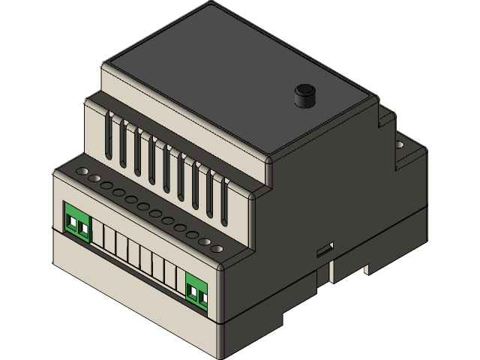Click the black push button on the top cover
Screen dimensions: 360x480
[304, 95]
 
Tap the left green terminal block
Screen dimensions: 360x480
[76, 221]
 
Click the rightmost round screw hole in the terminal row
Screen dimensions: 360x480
[217, 247]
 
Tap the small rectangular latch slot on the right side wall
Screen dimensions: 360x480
[325, 247]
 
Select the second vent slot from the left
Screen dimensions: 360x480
[124, 146]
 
